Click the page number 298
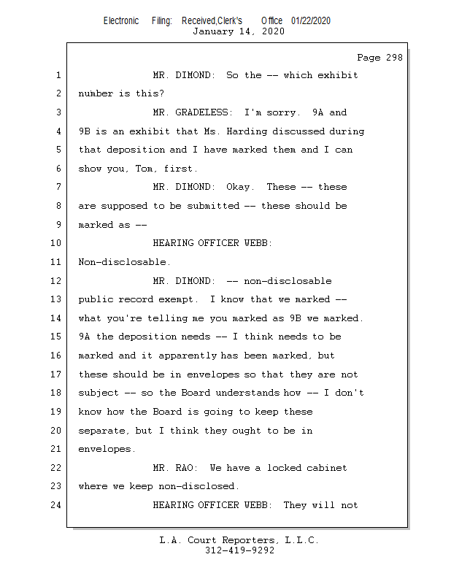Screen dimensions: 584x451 point(392,58)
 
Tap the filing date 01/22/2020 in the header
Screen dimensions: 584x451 point(310,21)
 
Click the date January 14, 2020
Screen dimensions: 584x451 point(238,31)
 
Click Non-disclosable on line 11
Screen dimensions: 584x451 point(124,262)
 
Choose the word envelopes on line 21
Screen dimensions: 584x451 point(107,449)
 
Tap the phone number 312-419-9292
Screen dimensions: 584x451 point(239,550)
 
